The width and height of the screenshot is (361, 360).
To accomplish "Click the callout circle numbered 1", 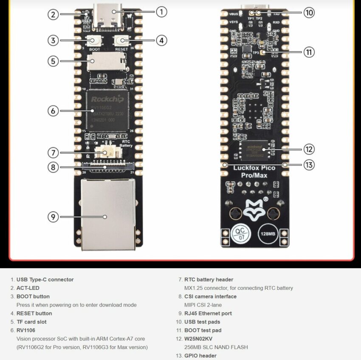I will click(x=161, y=11).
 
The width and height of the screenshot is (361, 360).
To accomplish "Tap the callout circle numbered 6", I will click(x=53, y=111).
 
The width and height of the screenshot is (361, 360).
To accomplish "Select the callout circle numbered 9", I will click(x=53, y=217).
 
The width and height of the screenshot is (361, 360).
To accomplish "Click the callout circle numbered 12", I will click(x=309, y=149).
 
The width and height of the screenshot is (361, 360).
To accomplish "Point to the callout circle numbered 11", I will click(x=309, y=52).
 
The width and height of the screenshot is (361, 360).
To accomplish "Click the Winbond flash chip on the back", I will click(x=254, y=150).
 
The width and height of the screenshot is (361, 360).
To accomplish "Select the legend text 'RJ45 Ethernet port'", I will click(x=208, y=313).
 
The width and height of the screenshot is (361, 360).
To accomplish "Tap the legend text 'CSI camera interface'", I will click(x=210, y=296).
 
